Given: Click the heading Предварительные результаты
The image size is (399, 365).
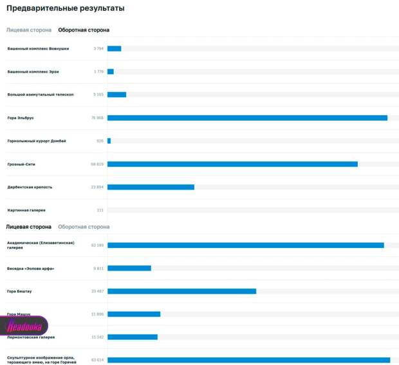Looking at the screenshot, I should point(65,8).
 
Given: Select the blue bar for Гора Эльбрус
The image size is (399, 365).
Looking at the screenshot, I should point(247,118).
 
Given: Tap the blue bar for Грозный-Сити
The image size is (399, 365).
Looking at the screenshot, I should point(232,164).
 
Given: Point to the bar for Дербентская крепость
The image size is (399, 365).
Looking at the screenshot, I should point(151,187).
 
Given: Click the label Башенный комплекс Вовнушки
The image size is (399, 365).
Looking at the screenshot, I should point(38,48).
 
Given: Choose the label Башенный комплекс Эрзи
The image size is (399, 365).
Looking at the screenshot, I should point(33,71).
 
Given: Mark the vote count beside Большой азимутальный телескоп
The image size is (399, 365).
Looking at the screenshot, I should point(98,94).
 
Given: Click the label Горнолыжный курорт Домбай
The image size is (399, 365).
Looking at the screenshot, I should point(37,141).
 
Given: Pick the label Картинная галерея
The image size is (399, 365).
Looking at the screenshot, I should point(26,210).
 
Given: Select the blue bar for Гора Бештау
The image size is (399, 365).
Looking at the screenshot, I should point(181,291).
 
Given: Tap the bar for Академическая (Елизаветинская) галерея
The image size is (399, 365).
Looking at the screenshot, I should point(245,245).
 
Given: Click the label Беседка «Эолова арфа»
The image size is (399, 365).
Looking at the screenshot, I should point(30,268).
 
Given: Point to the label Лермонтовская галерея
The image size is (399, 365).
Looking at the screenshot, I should point(31,337).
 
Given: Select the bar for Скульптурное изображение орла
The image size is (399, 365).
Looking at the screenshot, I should point(248,360).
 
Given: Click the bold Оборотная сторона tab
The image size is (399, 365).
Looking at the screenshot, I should point(84,30).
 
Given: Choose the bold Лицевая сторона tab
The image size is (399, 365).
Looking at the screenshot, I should point(28,227).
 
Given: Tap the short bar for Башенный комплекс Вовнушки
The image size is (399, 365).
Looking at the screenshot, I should point(114,48).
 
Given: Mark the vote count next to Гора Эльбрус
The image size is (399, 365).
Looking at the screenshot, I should point(98,118).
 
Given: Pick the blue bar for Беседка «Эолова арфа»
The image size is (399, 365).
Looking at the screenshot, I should point(129,268).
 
